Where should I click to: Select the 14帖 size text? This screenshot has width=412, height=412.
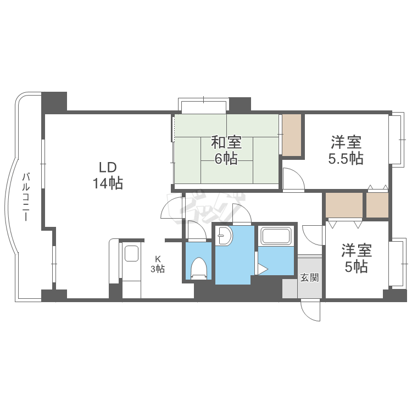[x=108, y=183]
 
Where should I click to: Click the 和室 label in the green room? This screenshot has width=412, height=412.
[x=226, y=143]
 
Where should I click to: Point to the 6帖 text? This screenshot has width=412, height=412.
[x=226, y=159]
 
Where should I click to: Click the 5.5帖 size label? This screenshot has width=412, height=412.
[x=346, y=159]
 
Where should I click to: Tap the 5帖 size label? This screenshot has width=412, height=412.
[x=357, y=267]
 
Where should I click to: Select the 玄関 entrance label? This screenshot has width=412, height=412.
[x=309, y=277]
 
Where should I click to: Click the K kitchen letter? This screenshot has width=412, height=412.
[x=158, y=258]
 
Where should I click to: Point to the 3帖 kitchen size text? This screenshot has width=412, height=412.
[x=158, y=269]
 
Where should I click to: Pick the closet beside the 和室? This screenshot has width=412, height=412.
[x=292, y=135]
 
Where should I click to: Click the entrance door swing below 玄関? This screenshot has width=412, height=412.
[x=311, y=312]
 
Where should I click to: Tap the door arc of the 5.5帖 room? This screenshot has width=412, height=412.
[x=292, y=179]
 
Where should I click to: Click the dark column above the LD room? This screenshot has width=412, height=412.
[x=54, y=102]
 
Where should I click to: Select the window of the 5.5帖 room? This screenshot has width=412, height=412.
[x=396, y=139]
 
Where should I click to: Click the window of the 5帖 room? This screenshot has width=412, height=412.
[x=396, y=262]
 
